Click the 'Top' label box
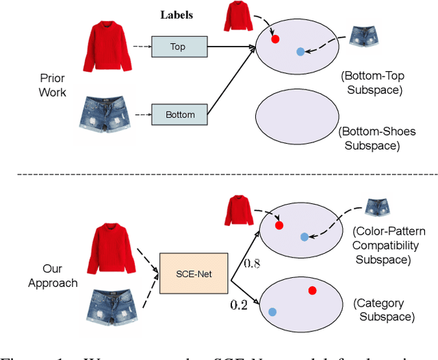click(178, 47)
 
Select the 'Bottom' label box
click(180, 114)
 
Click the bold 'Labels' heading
click(177, 14)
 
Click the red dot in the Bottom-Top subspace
click(275, 40)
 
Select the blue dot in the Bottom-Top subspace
click(300, 51)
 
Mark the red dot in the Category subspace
click(312, 291)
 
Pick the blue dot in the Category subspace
click(272, 312)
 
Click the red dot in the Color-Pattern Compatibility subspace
click(279, 225)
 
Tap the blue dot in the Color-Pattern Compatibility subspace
click(304, 237)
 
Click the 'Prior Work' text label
click(52, 85)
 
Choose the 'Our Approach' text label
click(52, 275)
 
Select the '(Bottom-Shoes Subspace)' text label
click(375, 138)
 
